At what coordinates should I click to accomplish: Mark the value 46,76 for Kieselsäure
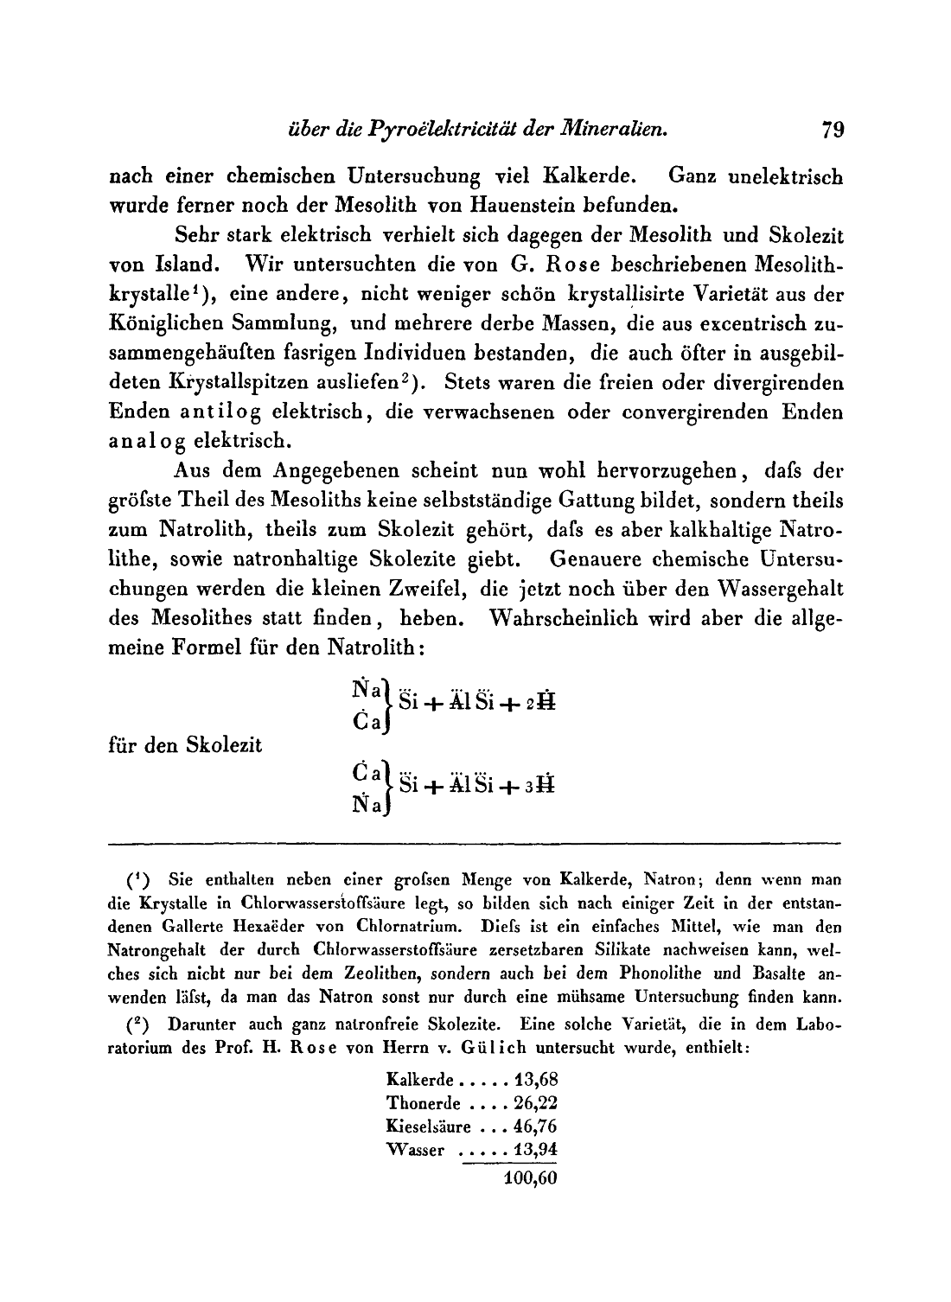pos(534,1126)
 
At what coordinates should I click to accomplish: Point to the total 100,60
pos(529,1178)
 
